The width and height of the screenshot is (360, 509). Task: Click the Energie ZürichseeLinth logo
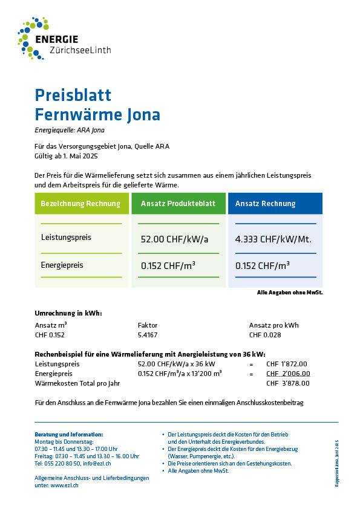(x=64, y=38)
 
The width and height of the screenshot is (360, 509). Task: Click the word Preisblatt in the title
(x=73, y=95)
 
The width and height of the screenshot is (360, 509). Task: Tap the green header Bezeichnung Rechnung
(x=80, y=204)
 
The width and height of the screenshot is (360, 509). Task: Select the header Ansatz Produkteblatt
(x=178, y=204)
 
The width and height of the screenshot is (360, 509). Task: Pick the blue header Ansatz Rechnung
(x=265, y=204)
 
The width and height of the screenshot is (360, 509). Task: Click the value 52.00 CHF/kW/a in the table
(x=174, y=239)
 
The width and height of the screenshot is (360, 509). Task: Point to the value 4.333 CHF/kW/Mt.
(x=273, y=239)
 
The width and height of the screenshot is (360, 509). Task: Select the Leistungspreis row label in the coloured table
(x=66, y=237)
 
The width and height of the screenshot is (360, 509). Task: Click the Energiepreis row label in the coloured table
(x=62, y=265)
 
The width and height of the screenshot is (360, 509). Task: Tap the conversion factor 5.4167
(x=148, y=334)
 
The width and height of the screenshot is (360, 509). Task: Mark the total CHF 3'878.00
(x=287, y=383)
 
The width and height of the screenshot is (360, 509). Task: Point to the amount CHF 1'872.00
(x=287, y=364)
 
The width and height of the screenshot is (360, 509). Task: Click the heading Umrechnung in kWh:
(x=68, y=313)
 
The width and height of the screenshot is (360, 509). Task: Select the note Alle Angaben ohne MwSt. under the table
(x=290, y=292)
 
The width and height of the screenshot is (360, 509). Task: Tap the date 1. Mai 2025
(x=80, y=156)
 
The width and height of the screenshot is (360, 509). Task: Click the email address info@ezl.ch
(x=96, y=464)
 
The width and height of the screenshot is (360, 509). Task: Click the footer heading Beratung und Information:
(x=69, y=435)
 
